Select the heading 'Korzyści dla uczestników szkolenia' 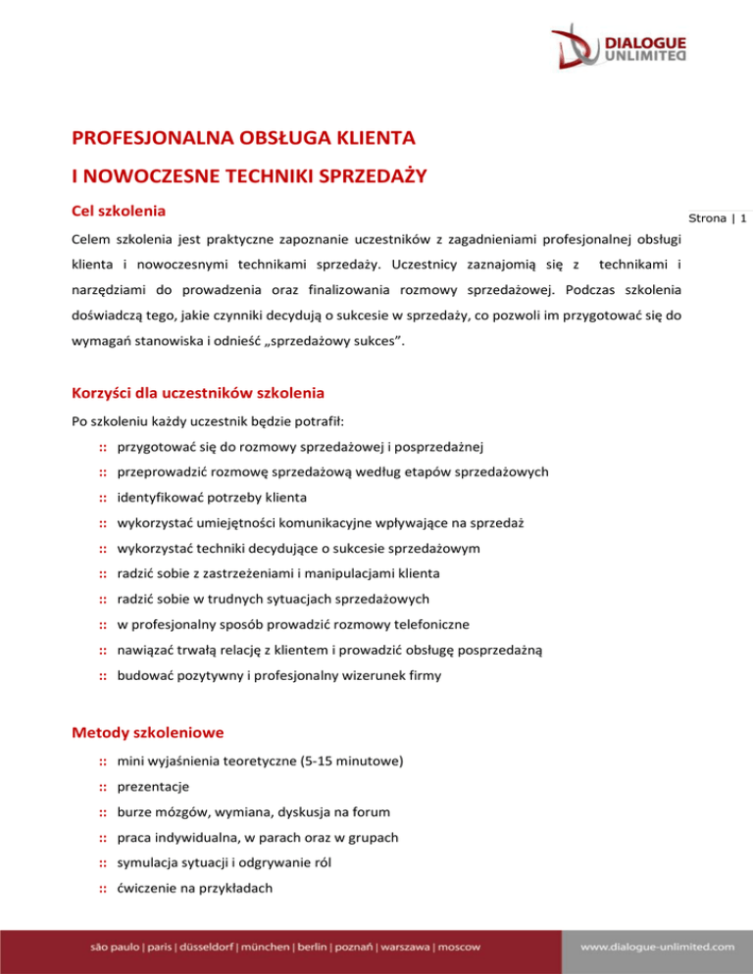(x=199, y=394)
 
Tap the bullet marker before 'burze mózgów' (x=102, y=810)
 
